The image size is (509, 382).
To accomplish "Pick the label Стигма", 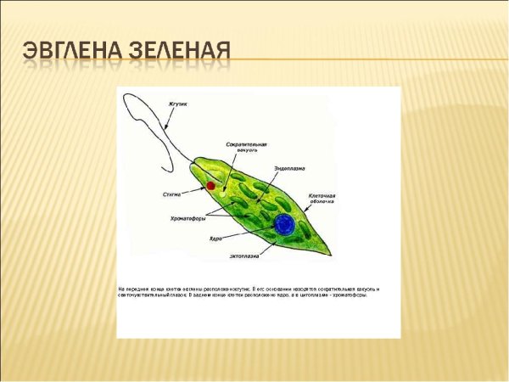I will (x=172, y=194).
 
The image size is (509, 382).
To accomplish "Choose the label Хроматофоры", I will (x=188, y=218).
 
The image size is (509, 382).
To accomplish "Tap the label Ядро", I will (x=215, y=238).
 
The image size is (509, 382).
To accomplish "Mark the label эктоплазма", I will (x=244, y=255).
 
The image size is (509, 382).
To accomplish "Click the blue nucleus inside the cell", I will (x=283, y=224).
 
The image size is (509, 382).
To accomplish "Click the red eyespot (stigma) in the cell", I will (x=210, y=185).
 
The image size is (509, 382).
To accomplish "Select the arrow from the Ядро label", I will (x=246, y=233).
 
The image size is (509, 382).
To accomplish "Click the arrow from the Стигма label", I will (x=193, y=191).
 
